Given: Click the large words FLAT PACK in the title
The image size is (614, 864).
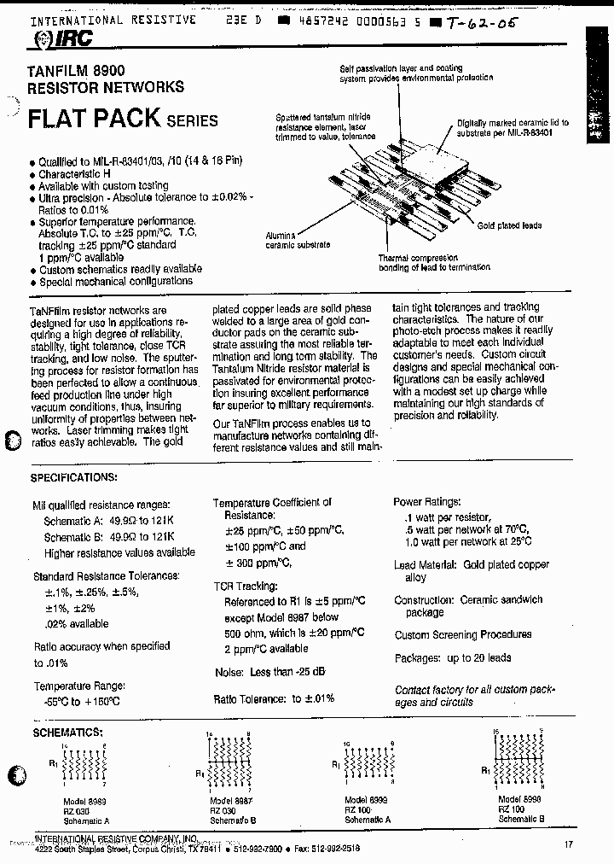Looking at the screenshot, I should pyautogui.click(x=95, y=118).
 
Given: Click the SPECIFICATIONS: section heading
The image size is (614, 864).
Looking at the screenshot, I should pyautogui.click(x=74, y=477).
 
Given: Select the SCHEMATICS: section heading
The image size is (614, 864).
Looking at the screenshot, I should pyautogui.click(x=67, y=732).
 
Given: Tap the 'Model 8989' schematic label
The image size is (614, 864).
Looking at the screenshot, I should pyautogui.click(x=84, y=802).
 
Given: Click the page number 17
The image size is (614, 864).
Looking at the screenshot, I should pyautogui.click(x=568, y=845).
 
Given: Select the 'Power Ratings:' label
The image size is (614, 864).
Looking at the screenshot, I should pyautogui.click(x=427, y=503).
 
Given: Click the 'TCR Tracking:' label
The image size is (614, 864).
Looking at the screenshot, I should pyautogui.click(x=246, y=587).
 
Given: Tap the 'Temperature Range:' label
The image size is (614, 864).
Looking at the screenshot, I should pyautogui.click(x=79, y=686).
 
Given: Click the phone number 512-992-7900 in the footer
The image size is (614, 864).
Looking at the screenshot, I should pyautogui.click(x=258, y=848).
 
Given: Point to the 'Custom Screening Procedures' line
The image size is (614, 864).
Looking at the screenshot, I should pyautogui.click(x=462, y=634).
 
